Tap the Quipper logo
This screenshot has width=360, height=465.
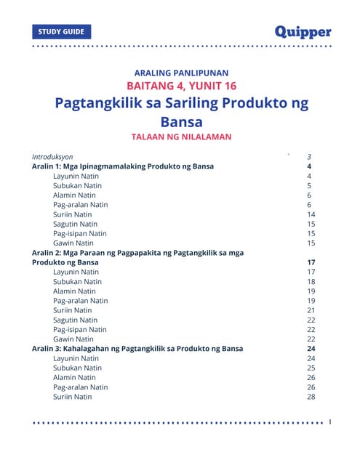(303, 32)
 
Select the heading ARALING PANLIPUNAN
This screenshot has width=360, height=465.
(181, 73)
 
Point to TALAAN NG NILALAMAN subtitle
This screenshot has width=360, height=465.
(181, 136)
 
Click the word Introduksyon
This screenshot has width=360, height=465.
(57, 157)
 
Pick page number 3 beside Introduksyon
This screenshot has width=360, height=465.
(310, 157)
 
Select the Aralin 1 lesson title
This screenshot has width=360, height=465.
(122, 166)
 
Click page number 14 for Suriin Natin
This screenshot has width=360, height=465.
(311, 214)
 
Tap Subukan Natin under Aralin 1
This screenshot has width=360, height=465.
(77, 186)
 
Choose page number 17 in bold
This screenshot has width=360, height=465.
(311, 262)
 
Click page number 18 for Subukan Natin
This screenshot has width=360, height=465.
(311, 281)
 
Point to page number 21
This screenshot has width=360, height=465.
(311, 310)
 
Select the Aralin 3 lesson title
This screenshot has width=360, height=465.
(137, 349)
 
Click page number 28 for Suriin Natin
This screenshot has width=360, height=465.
(311, 397)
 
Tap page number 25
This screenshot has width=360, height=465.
(311, 368)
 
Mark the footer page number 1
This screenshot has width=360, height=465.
(330, 421)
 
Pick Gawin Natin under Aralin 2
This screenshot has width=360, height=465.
(73, 339)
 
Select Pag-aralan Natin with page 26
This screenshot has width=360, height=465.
(80, 387)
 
